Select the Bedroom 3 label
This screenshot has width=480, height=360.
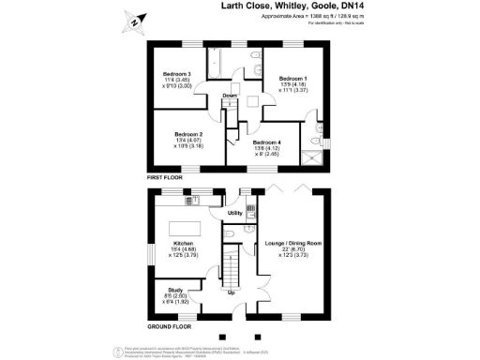[177, 73]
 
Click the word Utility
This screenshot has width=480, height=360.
[235, 214]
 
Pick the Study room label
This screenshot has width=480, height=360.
[175, 291]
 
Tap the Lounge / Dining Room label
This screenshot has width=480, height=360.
[294, 243]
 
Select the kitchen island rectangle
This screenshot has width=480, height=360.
[182, 228]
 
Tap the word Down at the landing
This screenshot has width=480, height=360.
[230, 96]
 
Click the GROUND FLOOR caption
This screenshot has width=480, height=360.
[169, 327]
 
